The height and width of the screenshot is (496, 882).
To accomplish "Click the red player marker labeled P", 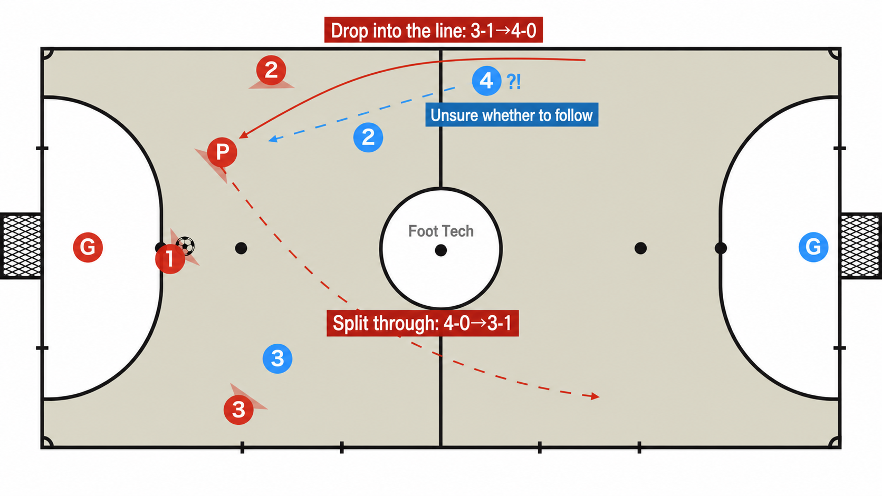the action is (222, 152).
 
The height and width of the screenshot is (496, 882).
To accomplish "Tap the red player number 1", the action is (170, 259).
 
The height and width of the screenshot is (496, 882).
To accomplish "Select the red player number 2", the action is (271, 71).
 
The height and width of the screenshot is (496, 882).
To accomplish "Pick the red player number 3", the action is (238, 410).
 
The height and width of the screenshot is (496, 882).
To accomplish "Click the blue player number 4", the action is (487, 81).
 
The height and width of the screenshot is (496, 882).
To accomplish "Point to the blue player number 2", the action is (368, 137).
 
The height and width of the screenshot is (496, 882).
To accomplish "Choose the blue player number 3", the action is (277, 358).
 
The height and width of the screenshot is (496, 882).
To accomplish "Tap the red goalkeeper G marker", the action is (88, 247).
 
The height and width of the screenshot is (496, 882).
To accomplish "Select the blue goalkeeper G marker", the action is (813, 247).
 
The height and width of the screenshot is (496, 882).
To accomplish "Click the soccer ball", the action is (185, 246).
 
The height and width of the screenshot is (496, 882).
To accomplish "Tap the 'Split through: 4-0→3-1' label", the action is (423, 323).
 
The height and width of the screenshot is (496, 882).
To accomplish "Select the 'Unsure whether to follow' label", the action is (512, 115).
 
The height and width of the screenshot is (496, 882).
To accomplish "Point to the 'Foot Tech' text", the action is (441, 231).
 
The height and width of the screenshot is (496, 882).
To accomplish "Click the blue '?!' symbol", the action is (513, 82).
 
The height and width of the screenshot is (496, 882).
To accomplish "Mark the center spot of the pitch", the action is (441, 250).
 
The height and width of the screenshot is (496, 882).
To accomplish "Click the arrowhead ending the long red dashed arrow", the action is (595, 396).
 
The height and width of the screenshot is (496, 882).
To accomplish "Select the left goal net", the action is (21, 246).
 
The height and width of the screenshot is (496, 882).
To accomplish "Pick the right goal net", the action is (861, 246).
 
